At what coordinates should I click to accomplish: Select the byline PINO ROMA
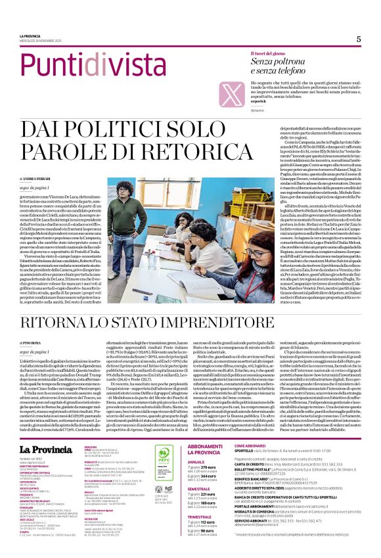pos(33,343)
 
